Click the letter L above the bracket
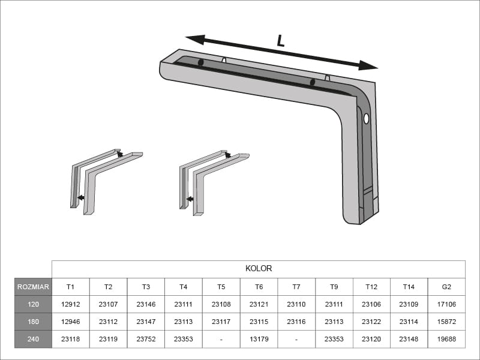tap(280, 41)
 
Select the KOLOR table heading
tap(259, 269)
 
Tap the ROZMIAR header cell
tap(33, 287)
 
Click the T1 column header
tap(71, 287)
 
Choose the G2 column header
tap(446, 287)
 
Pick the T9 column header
tap(334, 287)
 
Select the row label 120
tap(33, 304)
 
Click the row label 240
tap(33, 339)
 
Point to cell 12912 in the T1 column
tap(71, 304)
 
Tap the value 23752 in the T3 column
tap(146, 339)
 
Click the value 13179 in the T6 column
tap(259, 339)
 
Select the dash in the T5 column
tap(221, 339)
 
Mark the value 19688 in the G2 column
tap(446, 339)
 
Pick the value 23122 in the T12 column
tap(371, 322)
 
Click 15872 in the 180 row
tap(446, 322)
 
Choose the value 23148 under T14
tap(409, 339)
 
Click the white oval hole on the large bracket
tap(366, 118)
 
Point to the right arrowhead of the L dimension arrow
tap(370, 65)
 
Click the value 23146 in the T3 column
tap(146, 304)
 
